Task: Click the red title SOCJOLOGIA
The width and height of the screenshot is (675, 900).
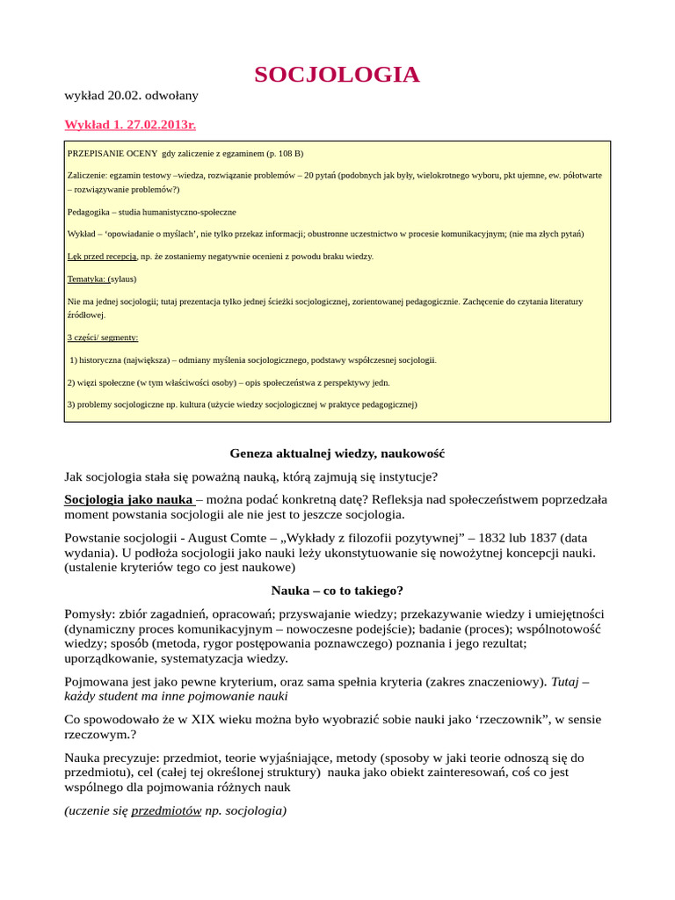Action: click(337, 75)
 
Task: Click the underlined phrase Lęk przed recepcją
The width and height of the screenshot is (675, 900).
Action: click(102, 256)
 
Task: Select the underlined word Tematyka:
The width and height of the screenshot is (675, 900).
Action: click(86, 279)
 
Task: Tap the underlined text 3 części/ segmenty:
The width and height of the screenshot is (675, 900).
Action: click(103, 337)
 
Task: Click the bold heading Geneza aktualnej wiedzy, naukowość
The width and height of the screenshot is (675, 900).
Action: click(337, 454)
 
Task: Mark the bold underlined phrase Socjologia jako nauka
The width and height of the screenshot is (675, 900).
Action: click(127, 499)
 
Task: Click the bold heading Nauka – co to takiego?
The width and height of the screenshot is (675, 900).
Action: click(337, 591)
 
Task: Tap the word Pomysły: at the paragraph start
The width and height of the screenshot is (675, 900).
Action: click(93, 613)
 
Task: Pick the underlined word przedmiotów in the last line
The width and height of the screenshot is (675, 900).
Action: click(166, 810)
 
